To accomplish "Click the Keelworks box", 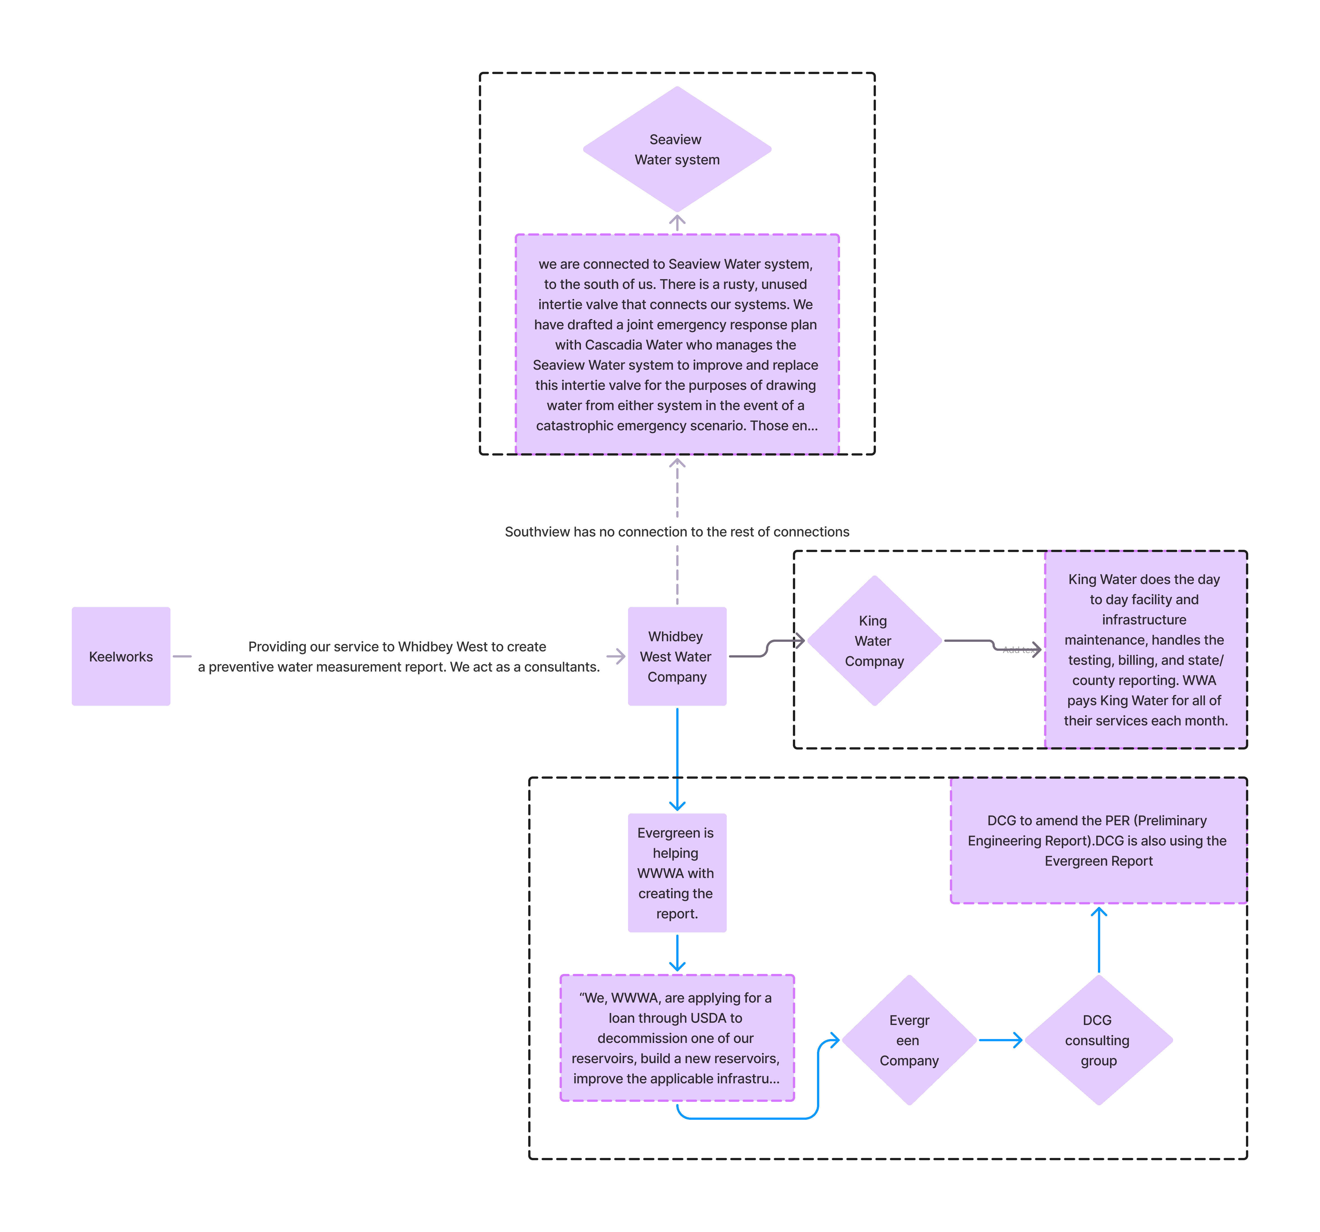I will [121, 656].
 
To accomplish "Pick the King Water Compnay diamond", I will [874, 641].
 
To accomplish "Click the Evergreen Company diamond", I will [909, 1040].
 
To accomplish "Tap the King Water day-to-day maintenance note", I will [1145, 650].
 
